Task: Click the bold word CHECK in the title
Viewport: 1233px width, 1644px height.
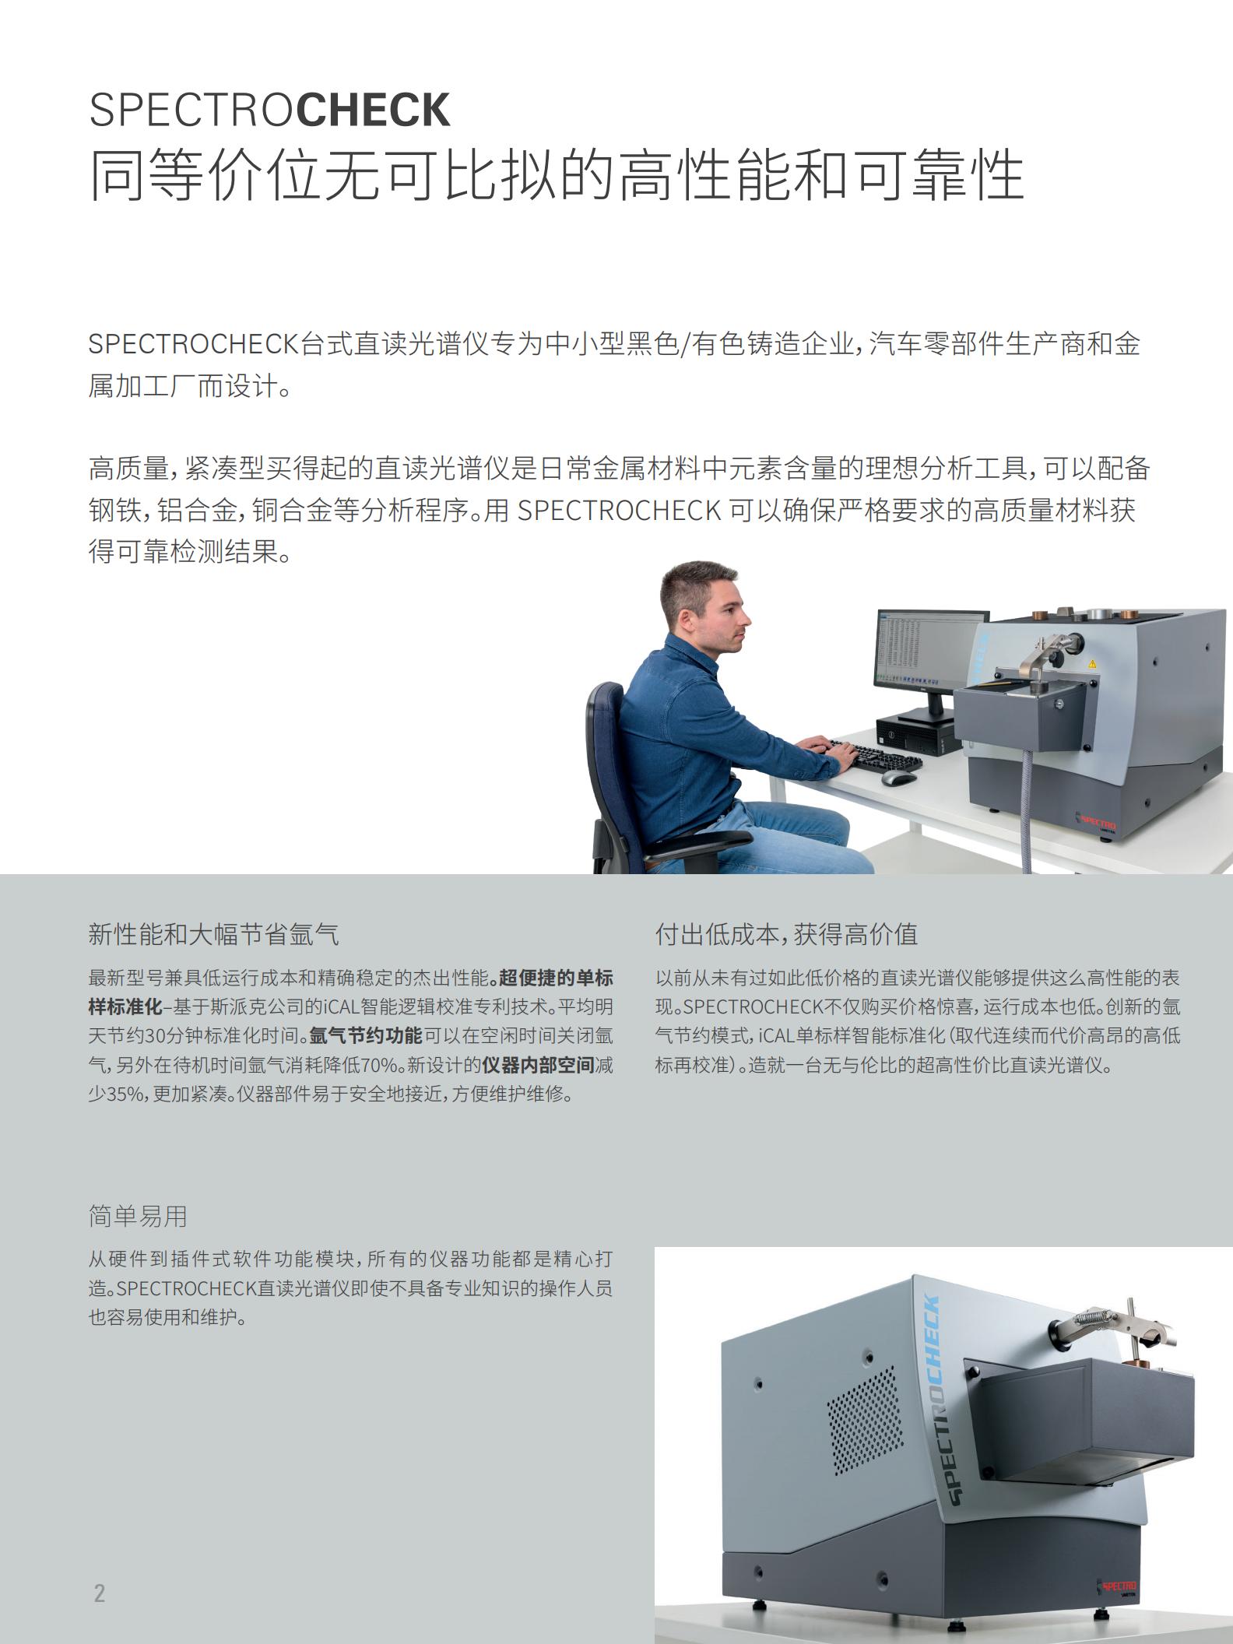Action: tap(374, 110)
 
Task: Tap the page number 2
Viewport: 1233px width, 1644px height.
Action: tap(100, 1593)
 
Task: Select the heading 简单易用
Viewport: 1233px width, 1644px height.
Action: tap(138, 1216)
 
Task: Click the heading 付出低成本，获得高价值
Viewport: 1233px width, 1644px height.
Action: tap(787, 934)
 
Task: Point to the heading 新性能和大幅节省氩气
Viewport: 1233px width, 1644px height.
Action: tap(214, 934)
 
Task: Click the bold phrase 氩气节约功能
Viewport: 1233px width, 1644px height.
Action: tap(366, 1036)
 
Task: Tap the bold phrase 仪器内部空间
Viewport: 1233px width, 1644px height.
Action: tap(538, 1065)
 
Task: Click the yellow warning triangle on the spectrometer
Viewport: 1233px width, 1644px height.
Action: tap(1091, 664)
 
